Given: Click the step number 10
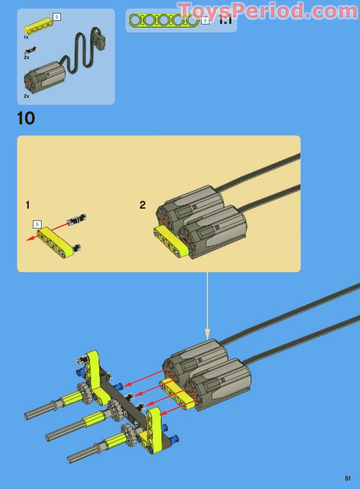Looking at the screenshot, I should tap(26, 118).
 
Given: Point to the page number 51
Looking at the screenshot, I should tap(348, 478).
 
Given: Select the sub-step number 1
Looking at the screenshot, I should tap(28, 205).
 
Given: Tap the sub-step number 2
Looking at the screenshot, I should tap(143, 205).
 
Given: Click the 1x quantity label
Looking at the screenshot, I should tap(26, 37).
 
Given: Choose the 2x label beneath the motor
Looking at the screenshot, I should tap(27, 96).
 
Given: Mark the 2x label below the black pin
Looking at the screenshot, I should tap(27, 58).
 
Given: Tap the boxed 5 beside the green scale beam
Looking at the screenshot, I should tap(205, 20).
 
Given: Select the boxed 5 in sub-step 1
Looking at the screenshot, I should tap(37, 224).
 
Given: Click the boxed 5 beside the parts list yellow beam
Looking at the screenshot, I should tap(56, 17).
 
